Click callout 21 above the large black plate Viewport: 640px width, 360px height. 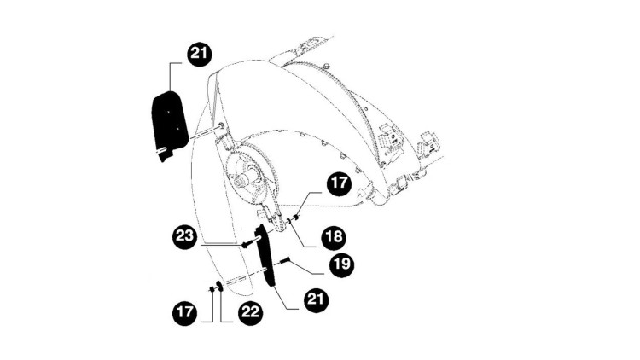[x=200, y=54]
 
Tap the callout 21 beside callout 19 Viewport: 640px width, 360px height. [x=316, y=299]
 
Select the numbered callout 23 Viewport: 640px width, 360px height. [x=185, y=236]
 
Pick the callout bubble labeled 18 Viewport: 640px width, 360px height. [x=334, y=237]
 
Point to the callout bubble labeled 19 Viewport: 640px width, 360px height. [x=341, y=264]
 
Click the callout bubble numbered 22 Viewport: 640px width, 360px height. [x=250, y=312]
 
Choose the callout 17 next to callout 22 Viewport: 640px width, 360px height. [x=185, y=312]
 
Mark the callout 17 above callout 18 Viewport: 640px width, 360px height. [x=339, y=183]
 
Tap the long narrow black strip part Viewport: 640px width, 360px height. [x=265, y=256]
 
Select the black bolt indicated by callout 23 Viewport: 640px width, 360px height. [x=245, y=245]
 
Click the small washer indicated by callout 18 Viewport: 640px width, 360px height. [x=289, y=221]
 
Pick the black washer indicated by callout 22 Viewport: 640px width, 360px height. [x=219, y=286]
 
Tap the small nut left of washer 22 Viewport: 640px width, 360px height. [x=212, y=289]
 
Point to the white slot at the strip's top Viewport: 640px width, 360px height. [x=259, y=237]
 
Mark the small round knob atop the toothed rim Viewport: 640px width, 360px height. [x=326, y=66]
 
